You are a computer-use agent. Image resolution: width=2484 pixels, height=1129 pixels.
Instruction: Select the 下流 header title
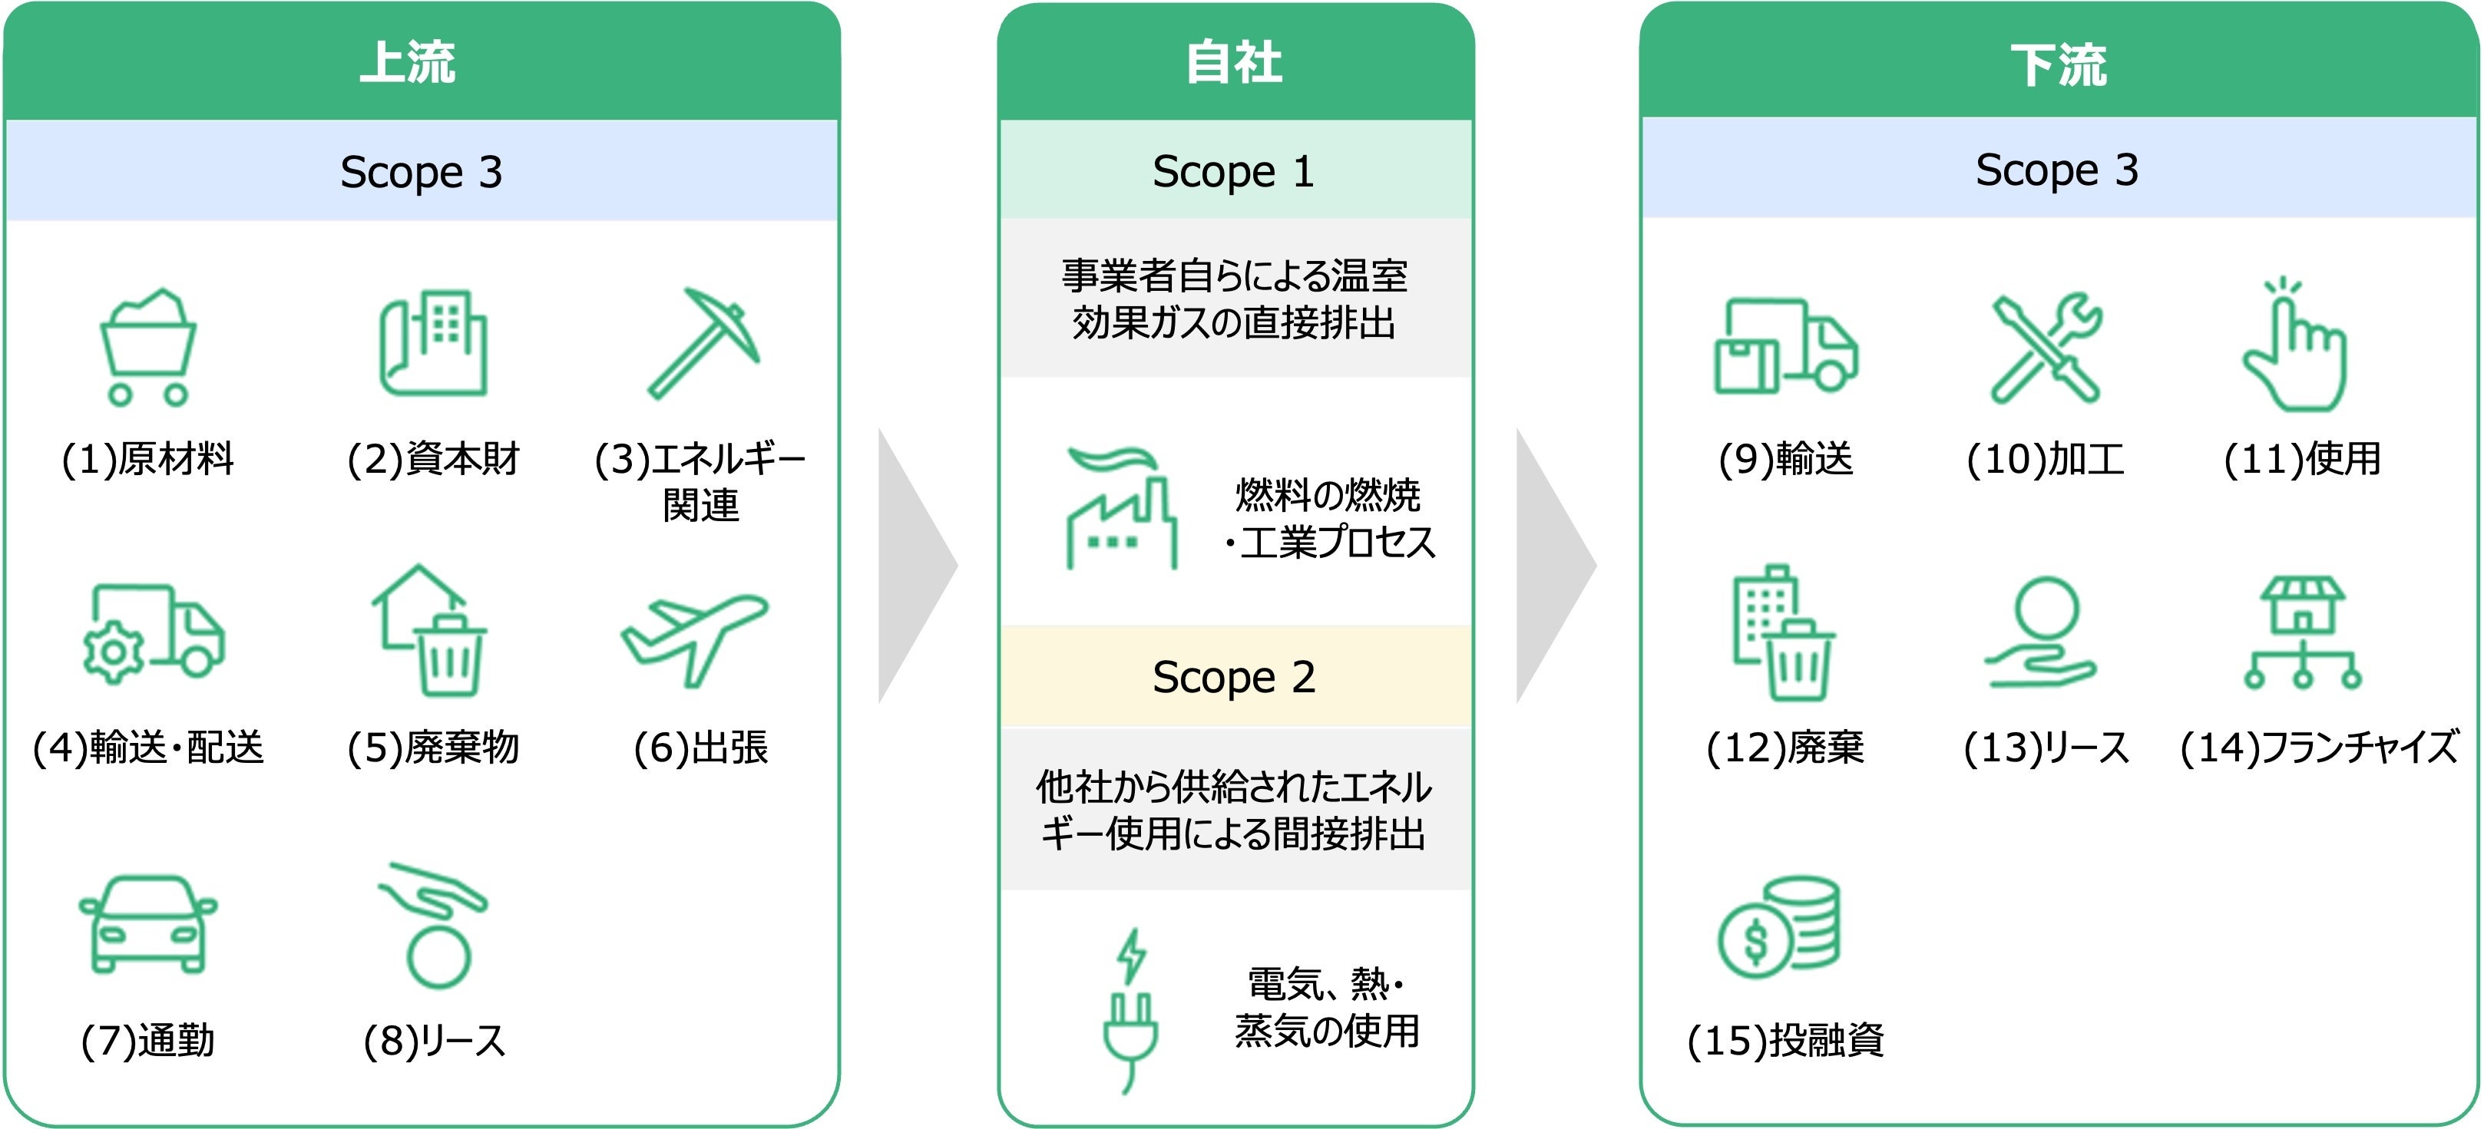coord(2058,65)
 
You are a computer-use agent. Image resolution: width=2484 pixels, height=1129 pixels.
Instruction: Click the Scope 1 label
coord(1233,172)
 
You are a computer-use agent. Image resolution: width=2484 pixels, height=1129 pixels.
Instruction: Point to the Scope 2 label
coord(1233,677)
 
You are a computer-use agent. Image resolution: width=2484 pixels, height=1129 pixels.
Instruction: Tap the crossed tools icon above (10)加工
coord(2046,347)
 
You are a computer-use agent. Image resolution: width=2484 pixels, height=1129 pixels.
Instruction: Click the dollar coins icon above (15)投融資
coord(1779,926)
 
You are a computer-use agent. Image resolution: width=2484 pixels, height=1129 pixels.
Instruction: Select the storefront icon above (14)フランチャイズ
coord(2302,632)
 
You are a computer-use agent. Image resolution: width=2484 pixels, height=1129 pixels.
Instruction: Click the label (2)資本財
coord(434,459)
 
